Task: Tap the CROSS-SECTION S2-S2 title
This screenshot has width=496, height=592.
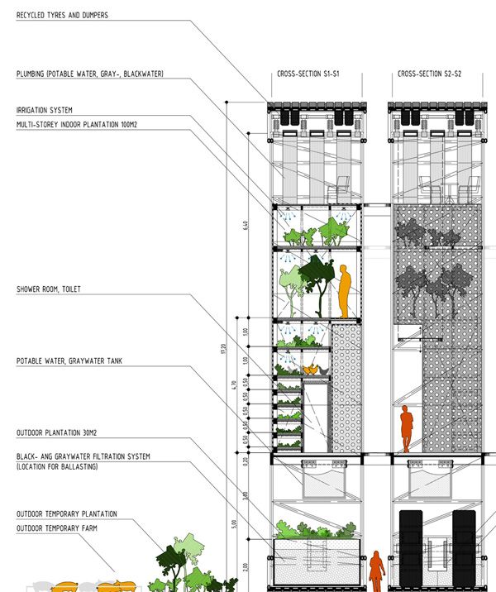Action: pos(429,74)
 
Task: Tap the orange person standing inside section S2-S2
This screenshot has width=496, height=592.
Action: pos(406,428)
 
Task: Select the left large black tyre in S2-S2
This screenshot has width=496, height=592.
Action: pos(411,550)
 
